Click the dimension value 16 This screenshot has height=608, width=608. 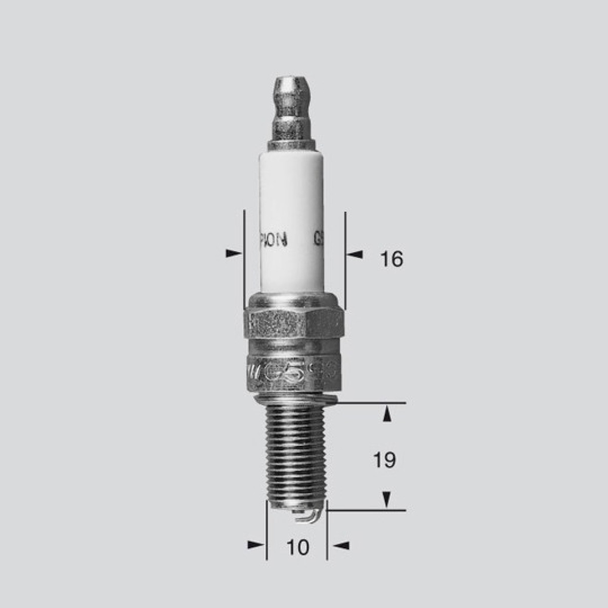pos(392,259)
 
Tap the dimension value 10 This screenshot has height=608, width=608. pos(297,547)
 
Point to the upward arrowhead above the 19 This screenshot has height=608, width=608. pos(387,414)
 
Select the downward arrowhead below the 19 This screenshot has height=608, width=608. pos(387,500)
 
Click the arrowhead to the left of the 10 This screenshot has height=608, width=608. pos(256,545)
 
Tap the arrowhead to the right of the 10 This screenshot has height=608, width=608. pos(342,545)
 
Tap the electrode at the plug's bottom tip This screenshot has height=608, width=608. pos(308,517)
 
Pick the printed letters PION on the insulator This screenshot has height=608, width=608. pos(274,239)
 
